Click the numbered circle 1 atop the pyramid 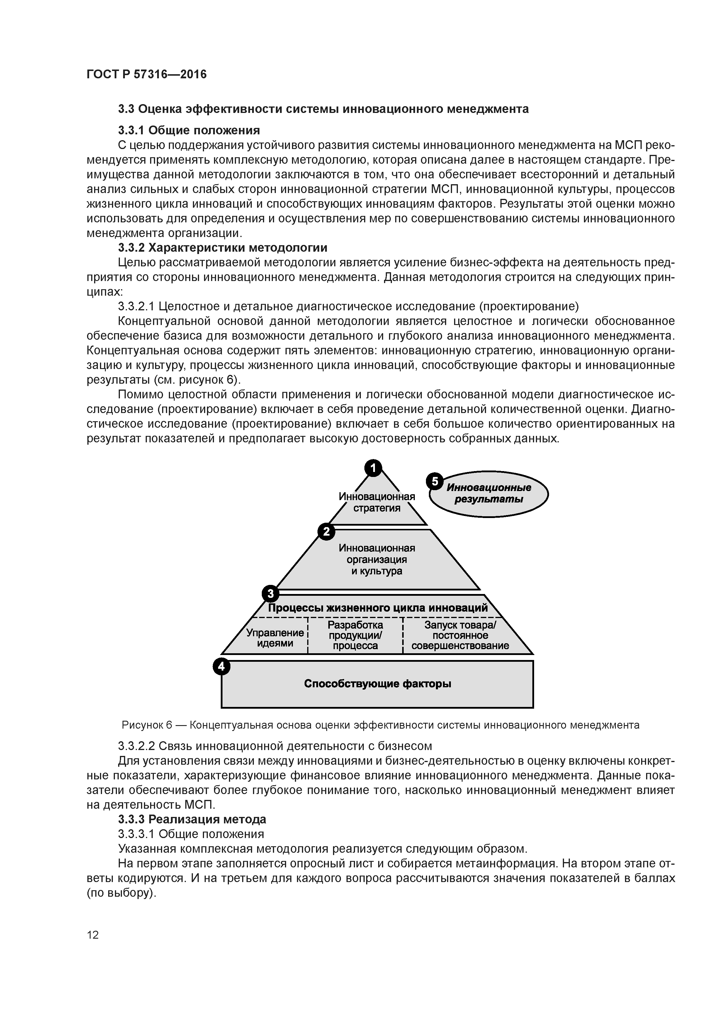[x=373, y=468]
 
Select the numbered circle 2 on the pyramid [x=326, y=532]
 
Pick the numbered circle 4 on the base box [x=221, y=666]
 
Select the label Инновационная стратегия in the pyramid [x=377, y=502]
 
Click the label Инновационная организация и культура [x=377, y=559]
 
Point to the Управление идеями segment [x=275, y=638]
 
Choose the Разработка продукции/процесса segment [x=355, y=635]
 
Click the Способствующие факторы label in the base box [x=377, y=684]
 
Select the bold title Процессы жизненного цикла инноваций [x=378, y=608]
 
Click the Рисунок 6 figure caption [x=380, y=725]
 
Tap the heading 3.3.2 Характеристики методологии [x=222, y=248]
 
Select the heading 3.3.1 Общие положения [x=188, y=131]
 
